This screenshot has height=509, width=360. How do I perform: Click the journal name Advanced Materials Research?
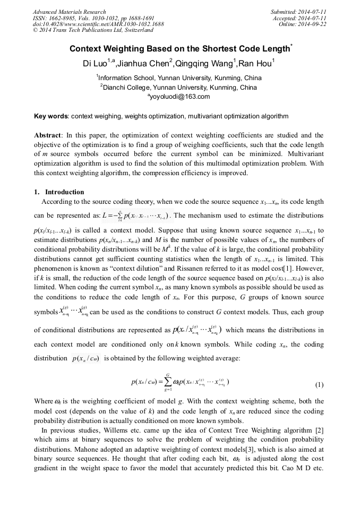pos(70,12)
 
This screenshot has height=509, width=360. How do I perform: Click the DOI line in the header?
pos(98,24)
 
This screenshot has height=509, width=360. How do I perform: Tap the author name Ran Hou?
pos(255,65)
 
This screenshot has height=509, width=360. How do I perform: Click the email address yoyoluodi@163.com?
pos(181,97)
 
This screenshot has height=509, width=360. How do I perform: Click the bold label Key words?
pos(50,116)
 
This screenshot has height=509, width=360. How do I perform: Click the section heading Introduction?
pos(64,192)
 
